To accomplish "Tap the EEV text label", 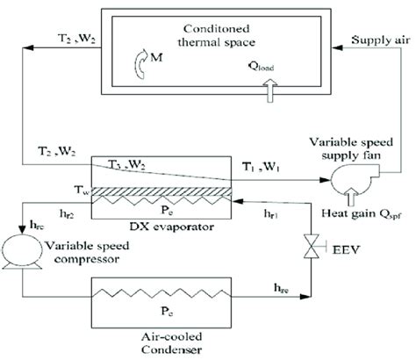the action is [x=347, y=249].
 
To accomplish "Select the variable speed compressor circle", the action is [x=22, y=250].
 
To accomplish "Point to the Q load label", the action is [x=261, y=67].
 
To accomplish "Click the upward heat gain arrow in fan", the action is [x=351, y=197].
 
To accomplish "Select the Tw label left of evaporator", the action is [x=82, y=190].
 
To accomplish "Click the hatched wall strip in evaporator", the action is [x=161, y=191].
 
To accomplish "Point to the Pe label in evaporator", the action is [x=167, y=210].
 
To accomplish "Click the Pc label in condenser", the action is [x=167, y=311].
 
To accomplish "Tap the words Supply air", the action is [x=381, y=40].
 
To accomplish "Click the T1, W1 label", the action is [x=261, y=167].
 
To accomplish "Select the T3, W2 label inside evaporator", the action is [x=127, y=165].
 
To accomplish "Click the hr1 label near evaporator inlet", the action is [x=271, y=214].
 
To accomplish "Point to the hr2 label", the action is [x=67, y=214].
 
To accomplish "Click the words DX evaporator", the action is [x=172, y=227].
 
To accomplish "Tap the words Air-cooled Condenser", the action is [x=172, y=343].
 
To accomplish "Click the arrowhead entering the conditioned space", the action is [x=337, y=47].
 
